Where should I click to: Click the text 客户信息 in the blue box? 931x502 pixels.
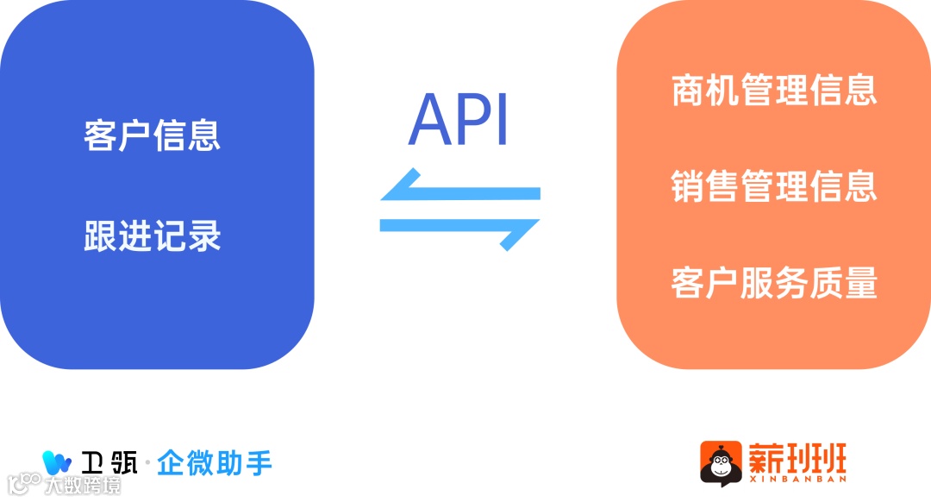[x=153, y=136]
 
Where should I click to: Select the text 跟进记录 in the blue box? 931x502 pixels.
[x=153, y=235]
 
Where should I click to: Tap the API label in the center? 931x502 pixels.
[x=459, y=120]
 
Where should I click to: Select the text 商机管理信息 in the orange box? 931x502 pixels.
[x=773, y=90]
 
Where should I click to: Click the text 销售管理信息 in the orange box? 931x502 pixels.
[x=773, y=186]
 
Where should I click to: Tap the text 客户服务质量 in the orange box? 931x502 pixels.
[x=773, y=283]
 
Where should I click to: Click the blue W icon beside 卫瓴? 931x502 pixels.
[x=57, y=462]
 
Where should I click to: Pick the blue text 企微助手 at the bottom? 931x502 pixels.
[x=215, y=463]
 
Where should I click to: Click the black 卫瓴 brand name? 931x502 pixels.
[x=111, y=463]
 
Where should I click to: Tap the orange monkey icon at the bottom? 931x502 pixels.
[x=721, y=461]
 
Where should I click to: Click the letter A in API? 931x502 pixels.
[x=431, y=120]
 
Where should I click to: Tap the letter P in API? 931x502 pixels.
[x=475, y=120]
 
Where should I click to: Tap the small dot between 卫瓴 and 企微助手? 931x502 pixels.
[x=147, y=464]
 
